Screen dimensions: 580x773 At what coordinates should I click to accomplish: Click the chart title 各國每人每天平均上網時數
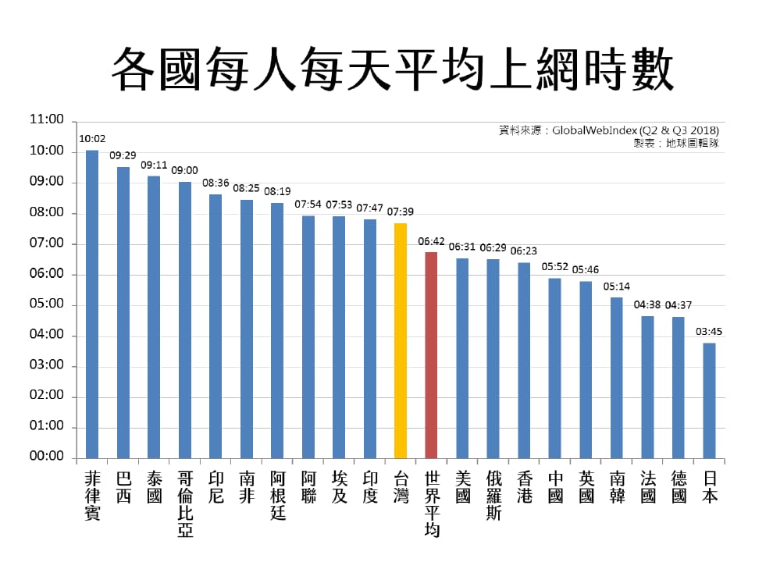coord(392,69)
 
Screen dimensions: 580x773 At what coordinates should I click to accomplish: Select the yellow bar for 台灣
coord(401,340)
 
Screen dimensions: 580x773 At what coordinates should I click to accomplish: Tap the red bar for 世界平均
coord(431,355)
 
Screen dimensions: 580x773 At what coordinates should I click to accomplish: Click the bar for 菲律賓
coord(92,304)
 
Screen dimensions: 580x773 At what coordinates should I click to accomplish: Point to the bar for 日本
coord(709,400)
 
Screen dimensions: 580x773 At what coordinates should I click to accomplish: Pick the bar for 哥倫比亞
coord(185,320)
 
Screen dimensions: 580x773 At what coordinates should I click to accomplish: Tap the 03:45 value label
coord(709,331)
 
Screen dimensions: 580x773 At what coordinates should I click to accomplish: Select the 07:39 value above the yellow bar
coord(400,212)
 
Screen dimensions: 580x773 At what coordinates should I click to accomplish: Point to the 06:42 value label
coord(431,241)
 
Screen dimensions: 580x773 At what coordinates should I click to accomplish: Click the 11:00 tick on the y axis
coord(46,120)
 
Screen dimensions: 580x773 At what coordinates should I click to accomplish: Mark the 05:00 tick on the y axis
coord(46,304)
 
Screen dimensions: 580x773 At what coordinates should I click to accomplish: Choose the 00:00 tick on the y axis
coord(46,456)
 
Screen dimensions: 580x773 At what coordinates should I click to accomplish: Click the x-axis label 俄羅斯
coord(493,495)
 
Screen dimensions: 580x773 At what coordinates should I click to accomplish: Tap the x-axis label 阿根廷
coord(278,495)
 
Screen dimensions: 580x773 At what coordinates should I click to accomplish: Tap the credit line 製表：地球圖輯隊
coord(676,143)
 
